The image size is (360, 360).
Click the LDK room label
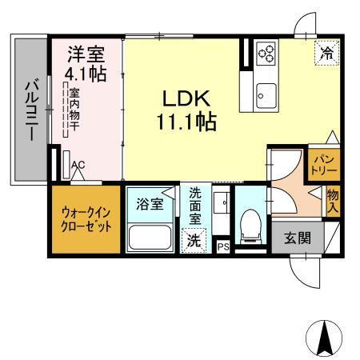(x=186, y=99)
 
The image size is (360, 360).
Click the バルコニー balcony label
(x=30, y=110)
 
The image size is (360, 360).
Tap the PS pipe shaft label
(x=223, y=247)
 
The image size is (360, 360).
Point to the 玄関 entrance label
(x=298, y=237)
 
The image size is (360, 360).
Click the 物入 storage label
(x=332, y=201)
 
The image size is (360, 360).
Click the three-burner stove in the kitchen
(x=266, y=55)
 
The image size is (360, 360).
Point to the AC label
(x=78, y=166)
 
